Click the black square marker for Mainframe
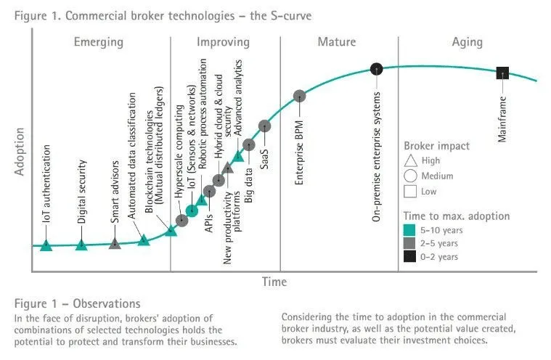click(x=502, y=73)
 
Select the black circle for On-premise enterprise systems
click(x=376, y=69)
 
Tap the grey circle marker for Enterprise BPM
click(x=299, y=96)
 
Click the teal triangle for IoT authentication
click(x=46, y=245)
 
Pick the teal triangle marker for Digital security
click(x=81, y=245)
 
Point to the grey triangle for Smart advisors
click(x=115, y=243)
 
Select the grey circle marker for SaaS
click(x=264, y=126)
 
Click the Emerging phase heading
click(x=99, y=42)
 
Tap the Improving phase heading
click(x=223, y=42)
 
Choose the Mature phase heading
click(x=337, y=42)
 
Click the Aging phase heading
click(x=467, y=42)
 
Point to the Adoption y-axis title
click(x=20, y=152)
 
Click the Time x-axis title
click(x=274, y=282)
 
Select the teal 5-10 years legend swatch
click(x=409, y=230)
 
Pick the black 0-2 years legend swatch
click(x=409, y=256)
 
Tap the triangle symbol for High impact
click(x=410, y=161)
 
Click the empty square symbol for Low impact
click(x=410, y=192)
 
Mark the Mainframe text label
click(x=502, y=119)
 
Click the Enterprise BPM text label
click(x=299, y=152)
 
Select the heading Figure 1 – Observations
click(x=77, y=303)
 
